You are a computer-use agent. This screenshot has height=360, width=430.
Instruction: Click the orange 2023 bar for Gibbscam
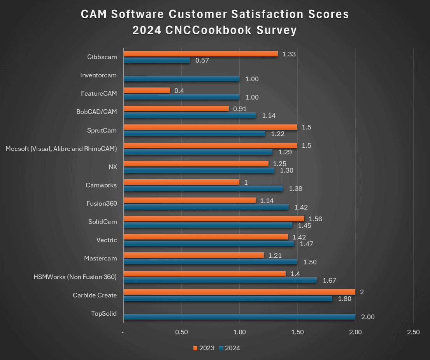(x=200, y=54)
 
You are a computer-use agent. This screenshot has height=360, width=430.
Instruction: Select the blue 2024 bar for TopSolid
(x=239, y=317)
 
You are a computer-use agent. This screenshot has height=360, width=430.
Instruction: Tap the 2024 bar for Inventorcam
(x=181, y=79)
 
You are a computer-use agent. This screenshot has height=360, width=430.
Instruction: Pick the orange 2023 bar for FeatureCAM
(x=147, y=90)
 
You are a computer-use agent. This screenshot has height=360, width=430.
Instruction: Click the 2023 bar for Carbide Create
(x=239, y=292)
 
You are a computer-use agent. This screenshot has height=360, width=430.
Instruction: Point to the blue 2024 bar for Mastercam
(x=210, y=262)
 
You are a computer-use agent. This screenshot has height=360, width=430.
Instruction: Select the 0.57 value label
(x=202, y=61)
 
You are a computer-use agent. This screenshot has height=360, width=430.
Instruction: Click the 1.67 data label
(x=330, y=280)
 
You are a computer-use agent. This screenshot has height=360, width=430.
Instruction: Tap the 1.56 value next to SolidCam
(x=315, y=219)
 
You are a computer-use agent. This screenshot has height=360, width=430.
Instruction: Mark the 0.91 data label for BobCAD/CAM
(x=240, y=109)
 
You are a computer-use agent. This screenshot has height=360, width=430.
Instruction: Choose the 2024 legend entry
(x=229, y=348)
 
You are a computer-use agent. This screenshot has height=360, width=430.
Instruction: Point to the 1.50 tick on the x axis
(x=297, y=332)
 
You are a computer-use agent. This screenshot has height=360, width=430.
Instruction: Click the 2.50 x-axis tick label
(x=413, y=332)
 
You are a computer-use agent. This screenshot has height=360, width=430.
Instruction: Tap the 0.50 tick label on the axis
(x=182, y=332)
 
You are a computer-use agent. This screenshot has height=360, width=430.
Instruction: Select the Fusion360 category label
(x=102, y=203)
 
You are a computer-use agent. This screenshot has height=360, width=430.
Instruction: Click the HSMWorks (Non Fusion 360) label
(x=75, y=277)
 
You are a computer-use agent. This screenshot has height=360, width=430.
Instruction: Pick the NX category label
(x=112, y=167)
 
